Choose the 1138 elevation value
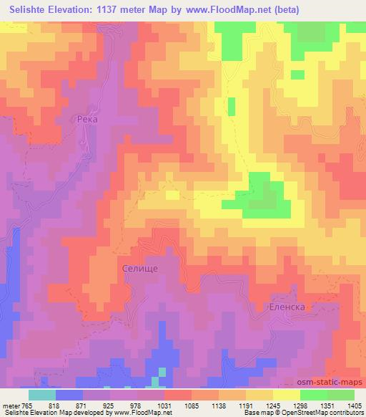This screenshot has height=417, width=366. click(230, 405)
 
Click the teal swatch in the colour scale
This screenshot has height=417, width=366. click(42, 394)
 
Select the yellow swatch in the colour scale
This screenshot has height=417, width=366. click(287, 394)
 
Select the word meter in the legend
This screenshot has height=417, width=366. click(10, 405)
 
